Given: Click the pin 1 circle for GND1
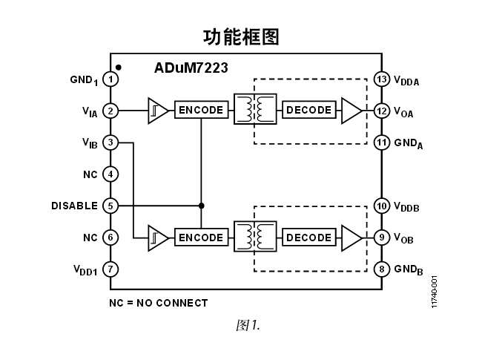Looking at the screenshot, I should point(110,79).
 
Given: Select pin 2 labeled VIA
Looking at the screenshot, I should point(110,111).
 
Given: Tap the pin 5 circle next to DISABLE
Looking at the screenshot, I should point(110,206).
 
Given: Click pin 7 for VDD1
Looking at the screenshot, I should point(110,269).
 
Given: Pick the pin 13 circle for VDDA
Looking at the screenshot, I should point(382,79).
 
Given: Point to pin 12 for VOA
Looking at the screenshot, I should point(382,111).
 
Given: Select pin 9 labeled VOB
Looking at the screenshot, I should point(382,238).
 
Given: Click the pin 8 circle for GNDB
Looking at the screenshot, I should point(382,269).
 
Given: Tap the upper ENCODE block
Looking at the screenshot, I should point(200,110).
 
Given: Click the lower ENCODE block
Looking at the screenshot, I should point(200,238).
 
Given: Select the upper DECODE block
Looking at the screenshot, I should point(308,110).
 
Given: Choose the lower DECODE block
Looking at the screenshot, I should point(308,238).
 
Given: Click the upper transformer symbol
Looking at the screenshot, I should point(254,110).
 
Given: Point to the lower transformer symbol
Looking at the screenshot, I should point(254,238).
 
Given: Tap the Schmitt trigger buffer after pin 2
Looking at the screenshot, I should point(156,111).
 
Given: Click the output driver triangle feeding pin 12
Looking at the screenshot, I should point(351,111).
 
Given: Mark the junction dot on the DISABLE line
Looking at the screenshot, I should point(201,206).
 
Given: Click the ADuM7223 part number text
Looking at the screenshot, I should point(191,68).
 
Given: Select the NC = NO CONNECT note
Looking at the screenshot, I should point(158,303).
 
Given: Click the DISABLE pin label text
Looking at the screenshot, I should point(74,206).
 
